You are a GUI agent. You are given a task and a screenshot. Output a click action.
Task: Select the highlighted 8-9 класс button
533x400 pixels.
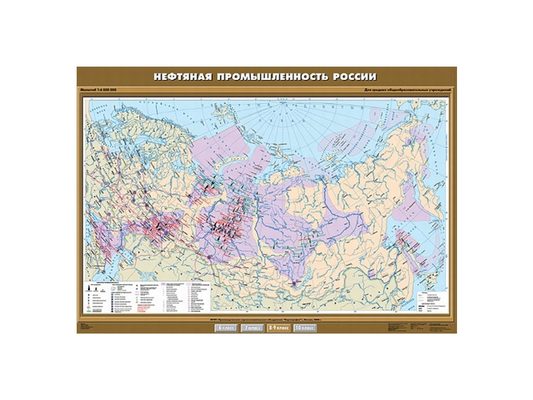click(278, 328)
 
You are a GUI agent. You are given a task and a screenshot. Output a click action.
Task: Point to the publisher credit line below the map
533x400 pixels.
click(266, 318)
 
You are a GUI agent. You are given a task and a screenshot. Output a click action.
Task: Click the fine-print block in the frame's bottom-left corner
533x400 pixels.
click(89, 327)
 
